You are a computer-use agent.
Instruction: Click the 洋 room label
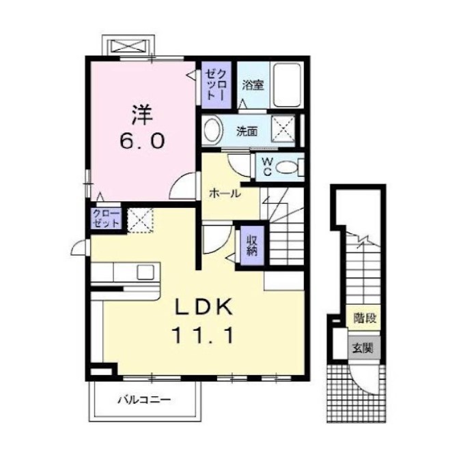(141, 112)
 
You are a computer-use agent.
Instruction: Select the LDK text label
(201, 308)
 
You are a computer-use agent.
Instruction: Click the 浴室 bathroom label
(253, 85)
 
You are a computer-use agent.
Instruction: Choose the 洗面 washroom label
(247, 130)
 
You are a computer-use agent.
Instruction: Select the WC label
(268, 166)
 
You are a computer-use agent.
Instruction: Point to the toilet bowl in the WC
(291, 166)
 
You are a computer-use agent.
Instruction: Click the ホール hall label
(225, 194)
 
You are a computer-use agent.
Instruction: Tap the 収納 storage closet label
(251, 244)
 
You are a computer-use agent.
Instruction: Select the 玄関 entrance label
(363, 348)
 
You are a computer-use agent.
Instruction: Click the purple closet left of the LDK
(106, 219)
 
